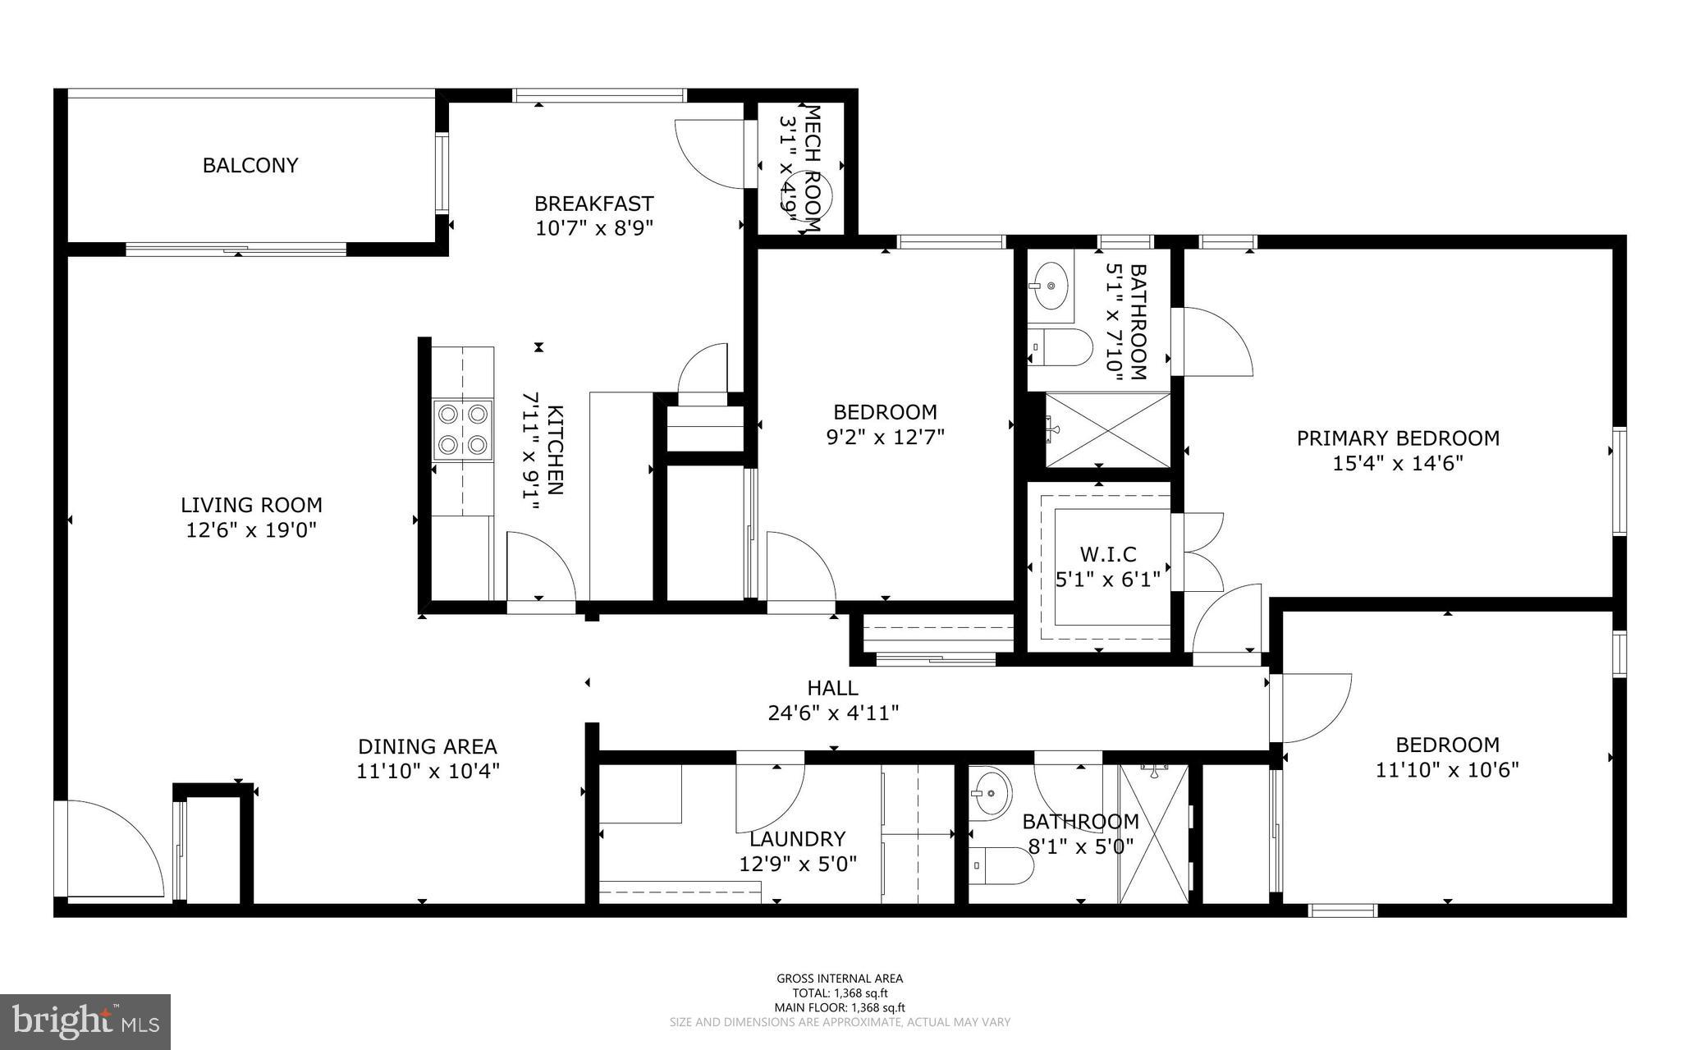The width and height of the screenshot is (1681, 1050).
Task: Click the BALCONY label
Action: [250, 165]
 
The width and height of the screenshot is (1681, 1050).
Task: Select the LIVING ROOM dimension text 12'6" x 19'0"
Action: [251, 530]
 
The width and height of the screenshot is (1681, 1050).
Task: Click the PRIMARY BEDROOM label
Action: [1398, 438]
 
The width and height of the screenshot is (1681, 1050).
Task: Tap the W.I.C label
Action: [1107, 554]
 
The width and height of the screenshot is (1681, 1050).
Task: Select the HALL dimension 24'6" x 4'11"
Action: [833, 713]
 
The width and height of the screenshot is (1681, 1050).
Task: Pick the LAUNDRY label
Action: [797, 839]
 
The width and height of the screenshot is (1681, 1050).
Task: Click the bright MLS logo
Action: [85, 1021]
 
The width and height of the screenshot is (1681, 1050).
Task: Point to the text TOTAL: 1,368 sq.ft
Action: [840, 993]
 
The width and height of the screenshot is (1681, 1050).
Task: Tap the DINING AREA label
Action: [428, 746]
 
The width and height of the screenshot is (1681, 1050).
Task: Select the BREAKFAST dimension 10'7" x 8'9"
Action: [594, 228]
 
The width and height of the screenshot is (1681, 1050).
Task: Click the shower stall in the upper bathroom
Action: [1107, 429]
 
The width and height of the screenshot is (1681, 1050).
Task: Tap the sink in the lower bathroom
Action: [991, 794]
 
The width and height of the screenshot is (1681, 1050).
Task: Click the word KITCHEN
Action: [556, 450]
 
